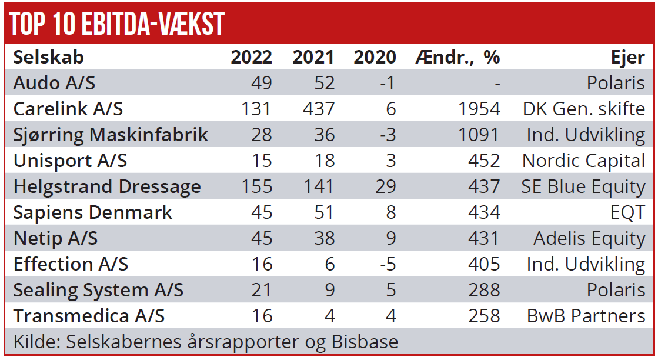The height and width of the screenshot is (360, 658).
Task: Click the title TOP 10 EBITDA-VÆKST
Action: tap(118, 24)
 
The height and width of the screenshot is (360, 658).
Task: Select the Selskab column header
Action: tap(48, 57)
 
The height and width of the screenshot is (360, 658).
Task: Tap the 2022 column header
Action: tap(251, 57)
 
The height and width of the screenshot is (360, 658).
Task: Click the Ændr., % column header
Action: tap(457, 57)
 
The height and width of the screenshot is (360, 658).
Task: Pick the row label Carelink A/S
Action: tap(68, 109)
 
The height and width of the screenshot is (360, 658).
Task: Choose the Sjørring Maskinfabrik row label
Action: tap(111, 135)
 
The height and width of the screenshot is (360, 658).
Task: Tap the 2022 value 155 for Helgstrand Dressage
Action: tap(257, 186)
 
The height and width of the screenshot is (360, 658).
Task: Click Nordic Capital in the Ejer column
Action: tap(583, 161)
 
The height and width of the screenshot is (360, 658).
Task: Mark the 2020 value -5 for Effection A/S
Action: tap(387, 264)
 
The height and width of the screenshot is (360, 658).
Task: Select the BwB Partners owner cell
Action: tap(586, 316)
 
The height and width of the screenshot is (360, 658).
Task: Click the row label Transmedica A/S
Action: tap(89, 316)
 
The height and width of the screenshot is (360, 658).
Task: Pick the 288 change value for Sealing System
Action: tap(485, 290)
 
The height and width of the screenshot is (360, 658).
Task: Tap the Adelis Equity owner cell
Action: tap(589, 238)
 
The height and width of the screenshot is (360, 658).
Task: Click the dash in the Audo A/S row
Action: tap(497, 83)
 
